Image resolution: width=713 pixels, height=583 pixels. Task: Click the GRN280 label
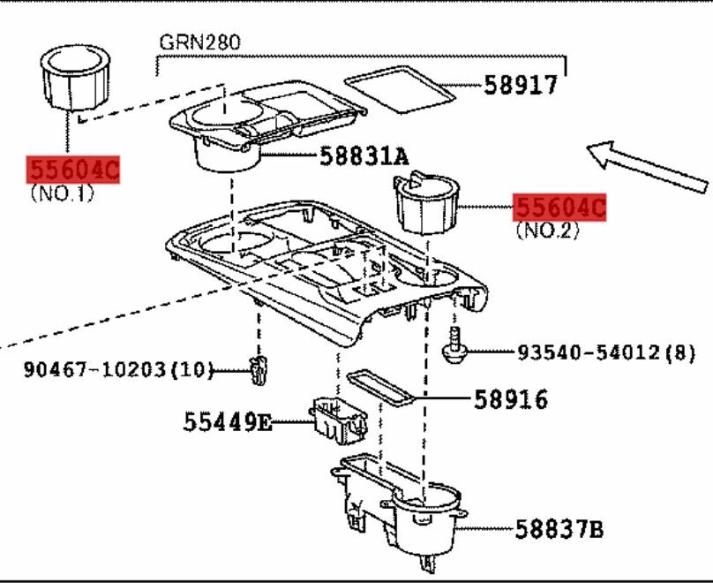coord(199,42)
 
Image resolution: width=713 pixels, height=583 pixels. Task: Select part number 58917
coord(520,85)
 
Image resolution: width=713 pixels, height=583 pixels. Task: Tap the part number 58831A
coord(364,157)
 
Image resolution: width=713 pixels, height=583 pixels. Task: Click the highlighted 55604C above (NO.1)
coord(74,169)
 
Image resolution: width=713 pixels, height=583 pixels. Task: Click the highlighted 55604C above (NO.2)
coord(560,208)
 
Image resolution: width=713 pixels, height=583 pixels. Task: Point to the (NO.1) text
coord(61,192)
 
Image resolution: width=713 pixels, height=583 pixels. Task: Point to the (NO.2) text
coord(548,231)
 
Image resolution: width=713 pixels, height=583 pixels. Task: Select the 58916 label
coord(510,399)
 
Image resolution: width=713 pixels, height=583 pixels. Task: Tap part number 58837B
coord(559,530)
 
